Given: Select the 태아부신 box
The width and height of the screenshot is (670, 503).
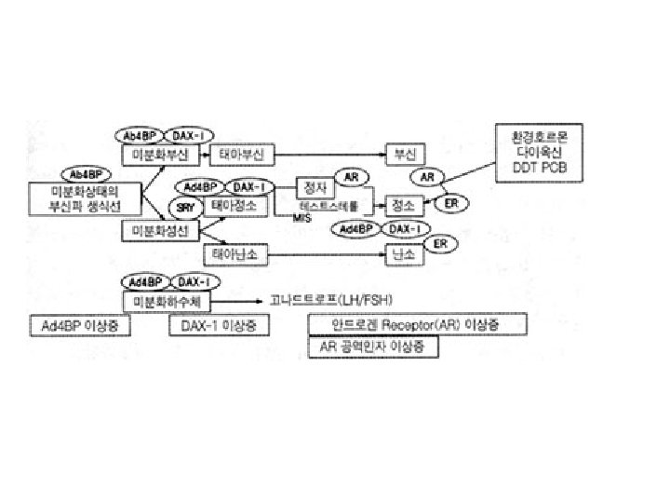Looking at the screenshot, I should click(239, 153).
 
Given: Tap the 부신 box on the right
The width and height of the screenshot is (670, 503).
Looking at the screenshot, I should click(405, 153).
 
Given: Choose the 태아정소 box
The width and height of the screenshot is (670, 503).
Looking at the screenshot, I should click(234, 204).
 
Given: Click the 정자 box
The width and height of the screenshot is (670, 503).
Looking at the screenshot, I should click(315, 185).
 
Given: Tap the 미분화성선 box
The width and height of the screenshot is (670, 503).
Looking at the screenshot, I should click(161, 230).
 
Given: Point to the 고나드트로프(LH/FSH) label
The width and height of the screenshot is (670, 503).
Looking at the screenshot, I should click(331, 300).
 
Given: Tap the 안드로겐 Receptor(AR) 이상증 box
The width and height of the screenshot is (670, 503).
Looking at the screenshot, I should click(415, 324).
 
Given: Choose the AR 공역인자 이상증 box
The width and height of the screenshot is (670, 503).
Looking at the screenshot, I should click(373, 347).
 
